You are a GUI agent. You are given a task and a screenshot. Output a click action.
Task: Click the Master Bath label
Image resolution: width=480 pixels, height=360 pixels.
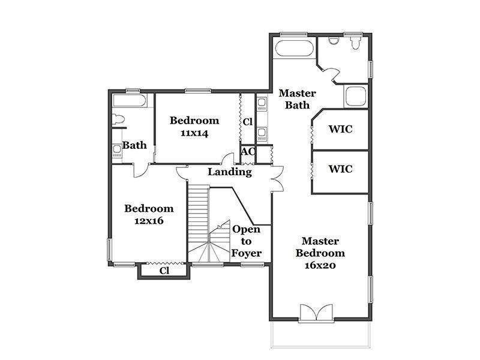(297, 99)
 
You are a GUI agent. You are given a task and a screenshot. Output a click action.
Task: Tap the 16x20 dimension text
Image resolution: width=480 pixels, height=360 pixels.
(320, 265)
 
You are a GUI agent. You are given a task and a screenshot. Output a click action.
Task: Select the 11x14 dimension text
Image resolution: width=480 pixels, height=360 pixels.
(194, 133)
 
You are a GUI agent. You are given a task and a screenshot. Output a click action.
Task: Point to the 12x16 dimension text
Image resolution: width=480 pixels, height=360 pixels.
(149, 221)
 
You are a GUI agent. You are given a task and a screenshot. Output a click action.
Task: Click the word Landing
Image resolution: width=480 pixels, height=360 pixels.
(230, 172)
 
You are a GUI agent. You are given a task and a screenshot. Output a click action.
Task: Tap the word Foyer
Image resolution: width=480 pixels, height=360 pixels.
(247, 253)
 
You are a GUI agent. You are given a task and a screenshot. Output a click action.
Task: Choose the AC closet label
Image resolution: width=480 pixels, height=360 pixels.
(248, 152)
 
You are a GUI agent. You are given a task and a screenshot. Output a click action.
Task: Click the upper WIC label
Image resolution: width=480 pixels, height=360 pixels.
(340, 129)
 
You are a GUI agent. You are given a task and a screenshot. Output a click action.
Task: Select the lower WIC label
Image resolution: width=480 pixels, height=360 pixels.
(340, 169)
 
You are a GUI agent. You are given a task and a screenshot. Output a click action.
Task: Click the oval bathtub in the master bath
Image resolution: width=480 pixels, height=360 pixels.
(295, 48)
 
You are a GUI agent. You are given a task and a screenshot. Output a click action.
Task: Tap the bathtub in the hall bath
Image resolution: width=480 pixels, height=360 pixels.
(130, 100)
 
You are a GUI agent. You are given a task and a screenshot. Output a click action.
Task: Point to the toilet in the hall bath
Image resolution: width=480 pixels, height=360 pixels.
(118, 119)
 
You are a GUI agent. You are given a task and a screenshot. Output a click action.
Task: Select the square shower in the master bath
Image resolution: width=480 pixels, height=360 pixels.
(356, 97)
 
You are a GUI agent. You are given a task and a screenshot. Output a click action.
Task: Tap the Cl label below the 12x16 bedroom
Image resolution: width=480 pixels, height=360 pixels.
(164, 271)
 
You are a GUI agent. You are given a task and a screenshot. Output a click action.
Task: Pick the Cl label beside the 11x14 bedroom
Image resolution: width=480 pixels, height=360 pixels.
(248, 122)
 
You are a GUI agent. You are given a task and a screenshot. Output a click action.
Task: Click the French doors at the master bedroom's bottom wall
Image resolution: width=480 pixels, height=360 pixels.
(316, 313)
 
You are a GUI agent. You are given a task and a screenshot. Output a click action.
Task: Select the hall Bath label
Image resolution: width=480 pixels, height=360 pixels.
(134, 145)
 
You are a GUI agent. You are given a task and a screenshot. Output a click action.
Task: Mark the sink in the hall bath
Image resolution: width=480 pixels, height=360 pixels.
(116, 151)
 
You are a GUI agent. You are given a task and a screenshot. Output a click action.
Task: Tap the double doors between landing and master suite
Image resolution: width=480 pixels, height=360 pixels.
(278, 179)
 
